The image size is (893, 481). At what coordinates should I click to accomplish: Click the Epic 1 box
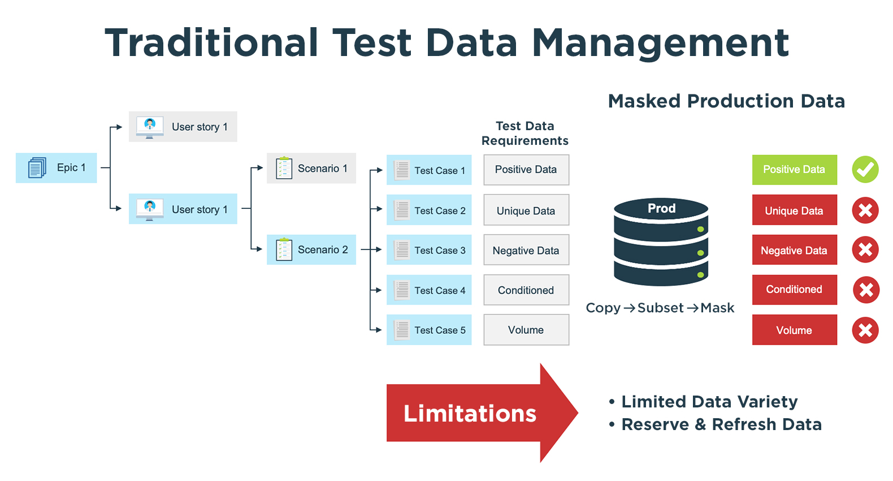[57, 168]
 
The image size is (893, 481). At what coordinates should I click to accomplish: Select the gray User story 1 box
[183, 127]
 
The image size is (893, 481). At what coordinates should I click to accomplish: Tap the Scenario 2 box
[311, 250]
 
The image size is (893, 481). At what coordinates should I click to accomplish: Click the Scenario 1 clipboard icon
[284, 168]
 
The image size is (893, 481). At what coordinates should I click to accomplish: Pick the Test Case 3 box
[429, 250]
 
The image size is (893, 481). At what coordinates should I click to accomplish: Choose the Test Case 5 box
[429, 330]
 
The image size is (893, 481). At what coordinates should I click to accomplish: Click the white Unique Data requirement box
[526, 211]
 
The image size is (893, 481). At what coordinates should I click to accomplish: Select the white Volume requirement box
[526, 330]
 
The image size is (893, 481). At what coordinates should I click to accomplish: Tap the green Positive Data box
[794, 169]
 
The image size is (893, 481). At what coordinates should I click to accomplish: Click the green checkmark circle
[865, 169]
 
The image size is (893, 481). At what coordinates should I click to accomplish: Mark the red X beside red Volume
[865, 330]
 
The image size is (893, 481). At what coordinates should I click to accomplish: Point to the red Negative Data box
[794, 250]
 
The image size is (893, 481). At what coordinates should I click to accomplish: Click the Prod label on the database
[661, 208]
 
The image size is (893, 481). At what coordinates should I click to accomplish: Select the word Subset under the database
[660, 308]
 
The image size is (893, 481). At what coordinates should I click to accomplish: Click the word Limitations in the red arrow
[470, 414]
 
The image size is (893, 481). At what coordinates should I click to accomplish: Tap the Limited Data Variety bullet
[709, 402]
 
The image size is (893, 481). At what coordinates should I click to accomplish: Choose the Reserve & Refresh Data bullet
[721, 424]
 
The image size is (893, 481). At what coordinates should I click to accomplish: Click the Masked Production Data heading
[726, 101]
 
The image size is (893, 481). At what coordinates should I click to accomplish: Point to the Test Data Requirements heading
[525, 134]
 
